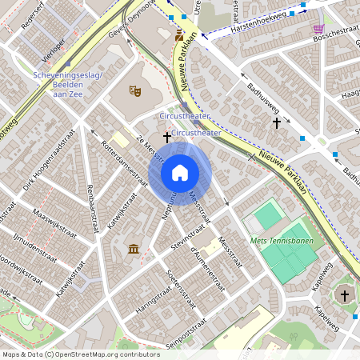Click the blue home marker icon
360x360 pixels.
(x=180, y=172)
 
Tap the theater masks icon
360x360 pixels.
(x=136, y=92)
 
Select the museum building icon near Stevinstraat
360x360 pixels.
(x=133, y=250)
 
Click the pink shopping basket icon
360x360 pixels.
(x=318, y=28)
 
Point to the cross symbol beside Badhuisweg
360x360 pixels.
(x=277, y=123)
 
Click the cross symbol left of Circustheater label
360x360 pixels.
(x=167, y=138)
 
